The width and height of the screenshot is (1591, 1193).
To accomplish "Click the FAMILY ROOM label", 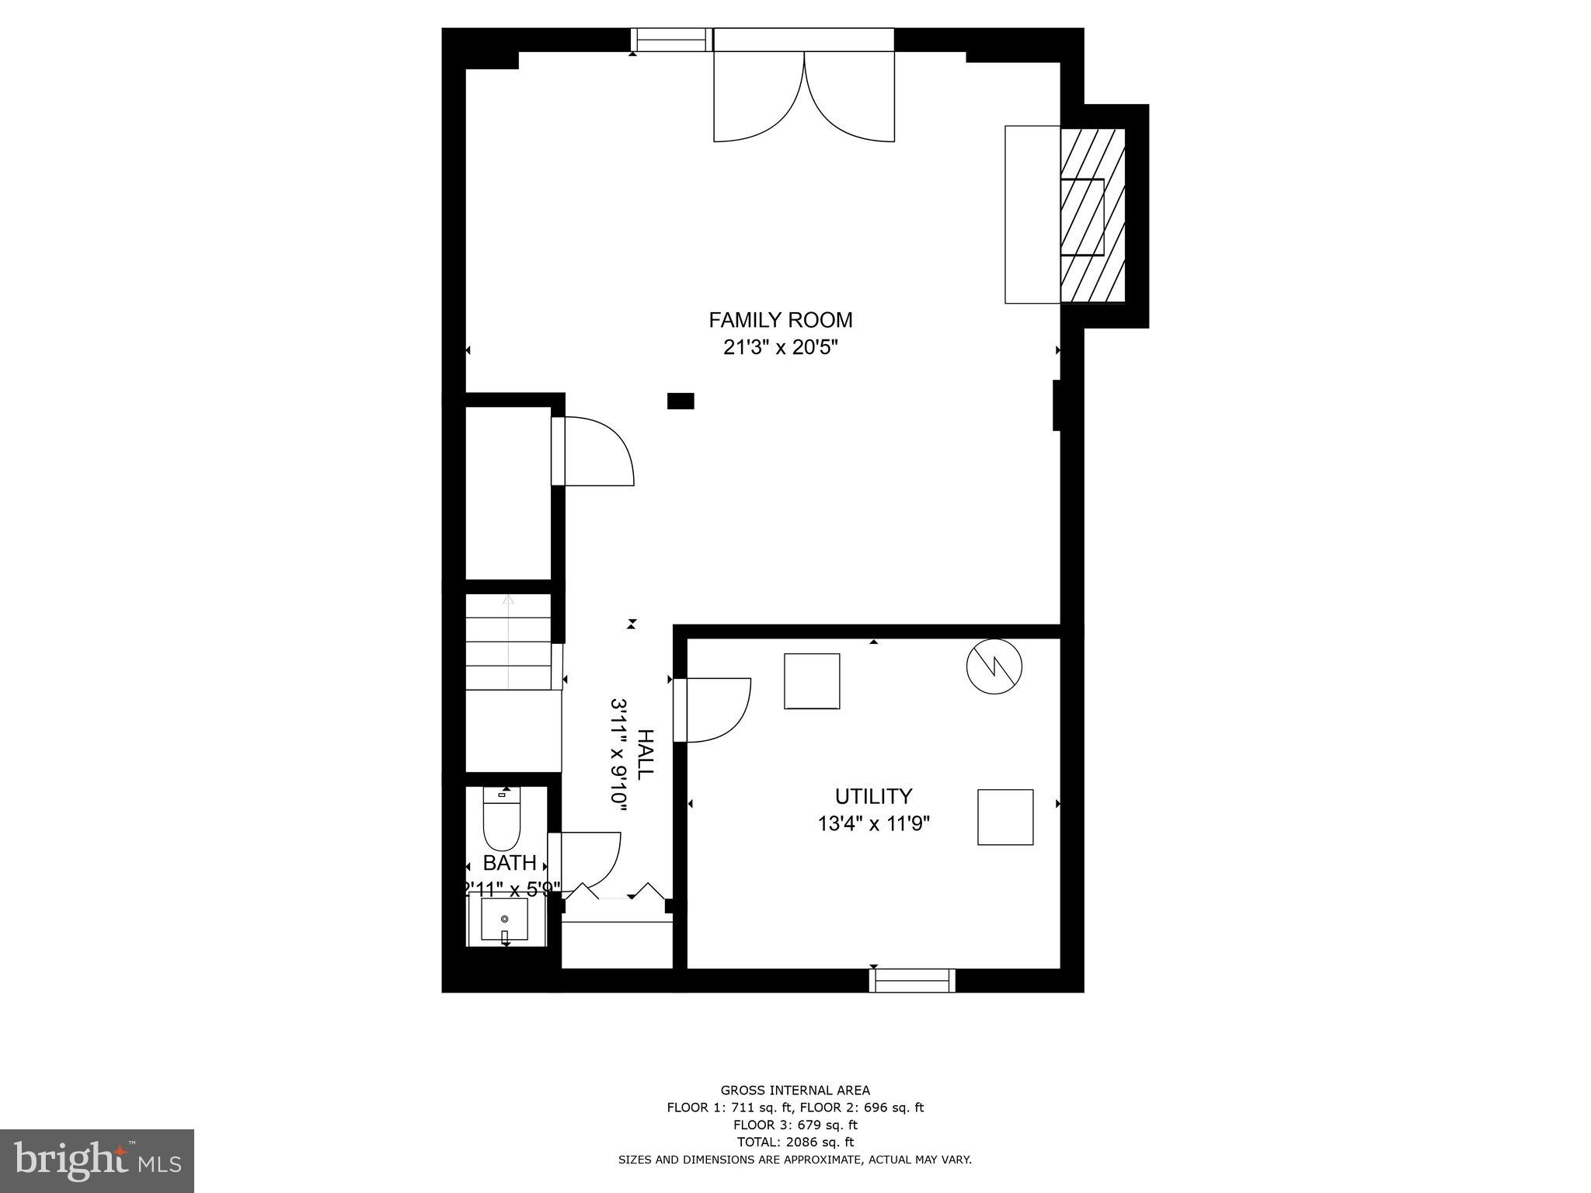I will (780, 320).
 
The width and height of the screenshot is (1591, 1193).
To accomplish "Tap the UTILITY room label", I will (873, 796).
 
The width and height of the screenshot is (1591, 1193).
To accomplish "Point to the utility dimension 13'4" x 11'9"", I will (873, 823).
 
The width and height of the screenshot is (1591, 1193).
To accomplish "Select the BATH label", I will (510, 863).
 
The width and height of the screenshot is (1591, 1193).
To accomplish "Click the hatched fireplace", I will (1092, 215).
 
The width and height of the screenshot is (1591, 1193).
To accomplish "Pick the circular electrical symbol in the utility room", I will (994, 666).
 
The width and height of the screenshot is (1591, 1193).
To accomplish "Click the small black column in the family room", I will (681, 401).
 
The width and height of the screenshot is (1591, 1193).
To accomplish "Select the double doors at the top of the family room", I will (804, 97).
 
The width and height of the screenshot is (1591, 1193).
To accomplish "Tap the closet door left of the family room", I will (595, 451).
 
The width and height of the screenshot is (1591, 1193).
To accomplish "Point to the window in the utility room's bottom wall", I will (912, 981).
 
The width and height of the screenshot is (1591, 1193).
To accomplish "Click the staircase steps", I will (508, 642).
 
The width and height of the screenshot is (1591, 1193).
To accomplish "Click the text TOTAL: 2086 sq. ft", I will (795, 1142).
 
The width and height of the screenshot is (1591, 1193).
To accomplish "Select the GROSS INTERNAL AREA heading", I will (795, 1090).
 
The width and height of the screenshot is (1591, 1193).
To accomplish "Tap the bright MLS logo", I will (97, 1159).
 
